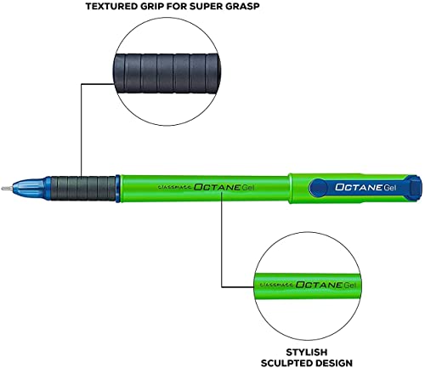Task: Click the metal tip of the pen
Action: click(x=7, y=189)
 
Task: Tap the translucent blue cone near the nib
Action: click(x=28, y=188)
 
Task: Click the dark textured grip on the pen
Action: click(x=82, y=188)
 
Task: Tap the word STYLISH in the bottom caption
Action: click(x=307, y=352)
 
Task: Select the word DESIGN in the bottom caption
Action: click(x=334, y=363)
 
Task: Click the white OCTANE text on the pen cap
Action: click(x=359, y=187)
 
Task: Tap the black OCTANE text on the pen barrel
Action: click(x=218, y=187)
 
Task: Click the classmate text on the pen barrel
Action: click(x=175, y=187)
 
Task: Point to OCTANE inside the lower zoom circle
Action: click(x=319, y=285)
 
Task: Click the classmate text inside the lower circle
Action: click(x=276, y=285)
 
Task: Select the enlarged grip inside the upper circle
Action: click(x=167, y=74)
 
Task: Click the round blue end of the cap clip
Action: click(x=318, y=187)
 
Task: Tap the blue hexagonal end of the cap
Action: click(x=414, y=186)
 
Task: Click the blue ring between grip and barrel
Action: click(x=118, y=189)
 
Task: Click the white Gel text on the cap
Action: click(x=390, y=187)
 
